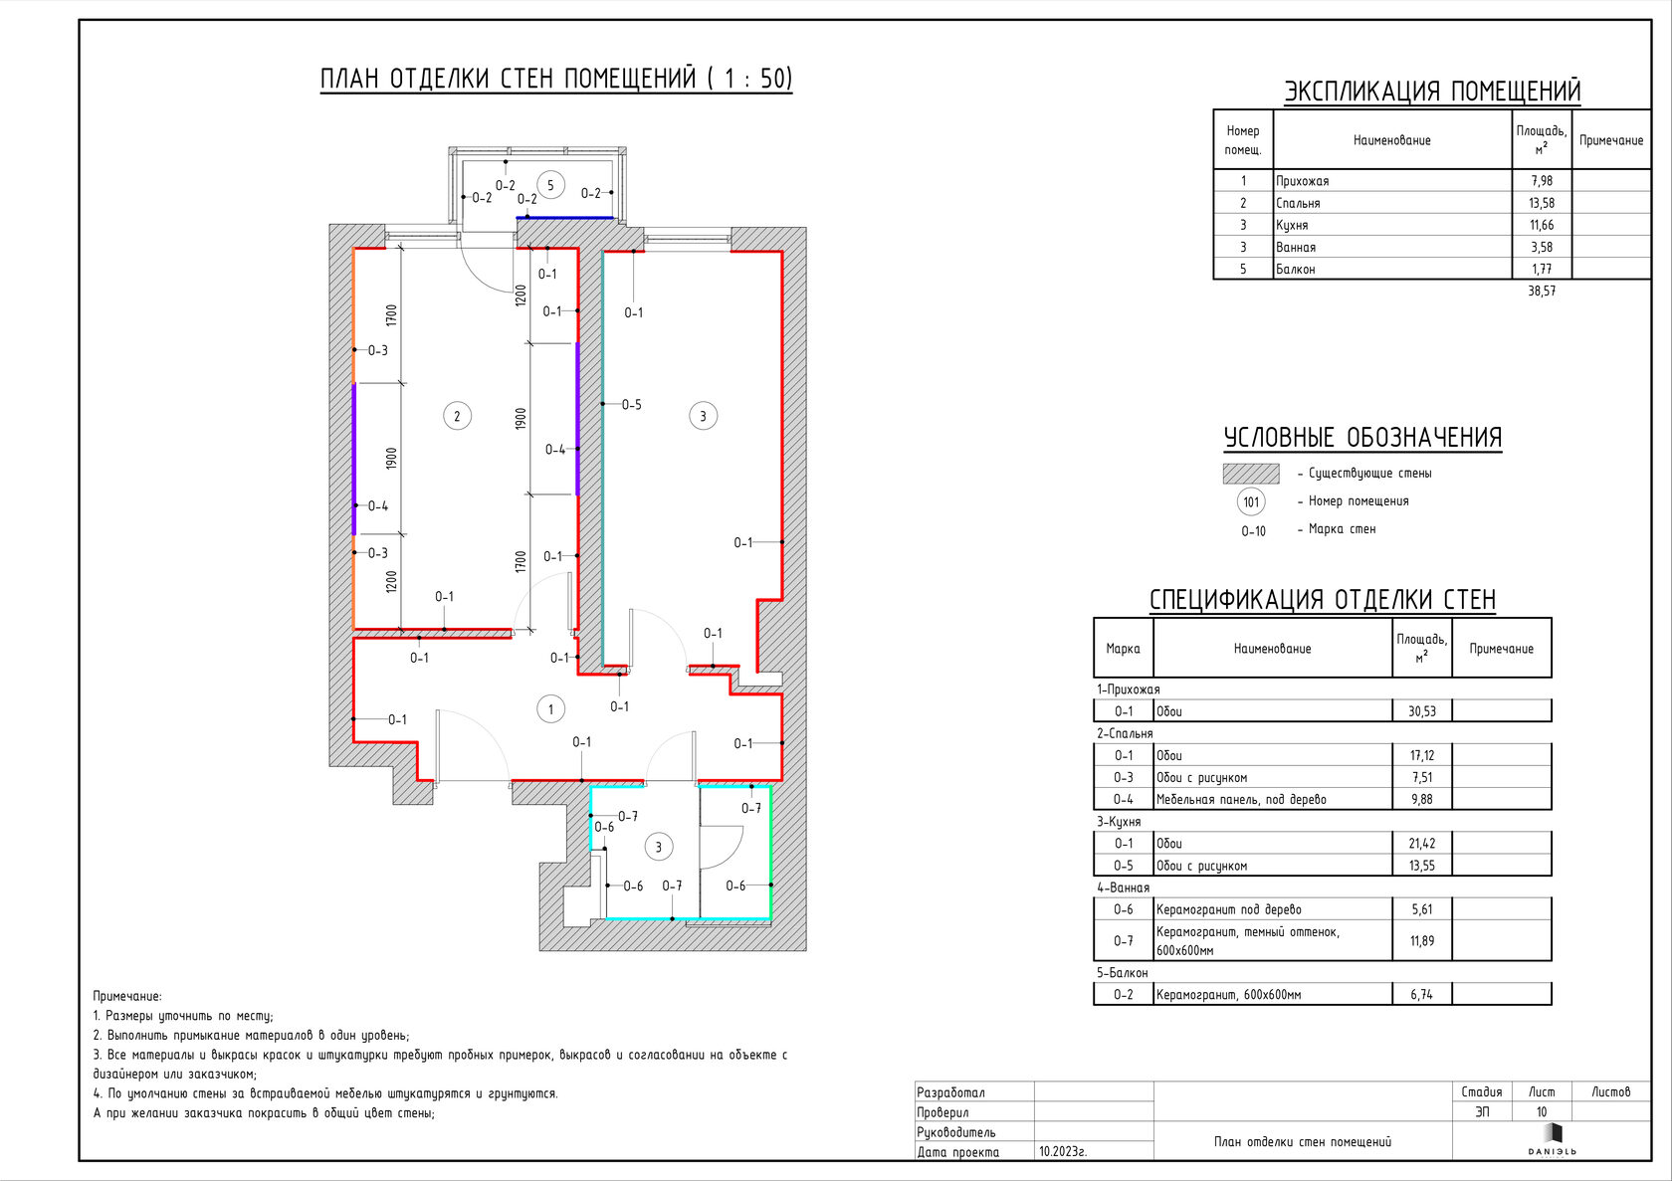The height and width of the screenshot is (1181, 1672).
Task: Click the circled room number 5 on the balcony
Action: tap(551, 185)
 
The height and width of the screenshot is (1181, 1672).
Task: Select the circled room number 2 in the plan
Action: tap(458, 416)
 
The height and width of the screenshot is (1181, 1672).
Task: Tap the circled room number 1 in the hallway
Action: tap(551, 708)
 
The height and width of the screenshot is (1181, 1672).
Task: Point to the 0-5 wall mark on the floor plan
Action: tap(631, 404)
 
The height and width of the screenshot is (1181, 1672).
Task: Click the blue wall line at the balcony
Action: tap(565, 218)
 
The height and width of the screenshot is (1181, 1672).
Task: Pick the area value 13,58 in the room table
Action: tap(1542, 203)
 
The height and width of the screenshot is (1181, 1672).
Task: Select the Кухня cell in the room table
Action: tap(1292, 225)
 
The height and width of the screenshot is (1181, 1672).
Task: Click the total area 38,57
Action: tap(1542, 291)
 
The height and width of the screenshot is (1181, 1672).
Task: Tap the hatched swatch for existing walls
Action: tap(1251, 474)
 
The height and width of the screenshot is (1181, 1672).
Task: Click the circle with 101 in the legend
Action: tap(1251, 502)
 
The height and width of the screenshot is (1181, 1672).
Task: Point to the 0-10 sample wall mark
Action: tap(1253, 531)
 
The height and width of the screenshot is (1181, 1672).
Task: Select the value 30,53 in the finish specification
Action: tap(1422, 711)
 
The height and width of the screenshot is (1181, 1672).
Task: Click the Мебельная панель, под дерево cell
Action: tap(1241, 800)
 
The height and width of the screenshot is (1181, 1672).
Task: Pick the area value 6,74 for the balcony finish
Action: tap(1421, 995)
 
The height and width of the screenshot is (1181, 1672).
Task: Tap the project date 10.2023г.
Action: tap(1063, 1152)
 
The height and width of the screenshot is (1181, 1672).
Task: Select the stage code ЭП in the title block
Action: tap(1482, 1111)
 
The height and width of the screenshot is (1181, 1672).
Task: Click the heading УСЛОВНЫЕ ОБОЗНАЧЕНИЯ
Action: tap(1363, 438)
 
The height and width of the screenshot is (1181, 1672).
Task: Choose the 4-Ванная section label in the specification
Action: tap(1123, 887)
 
